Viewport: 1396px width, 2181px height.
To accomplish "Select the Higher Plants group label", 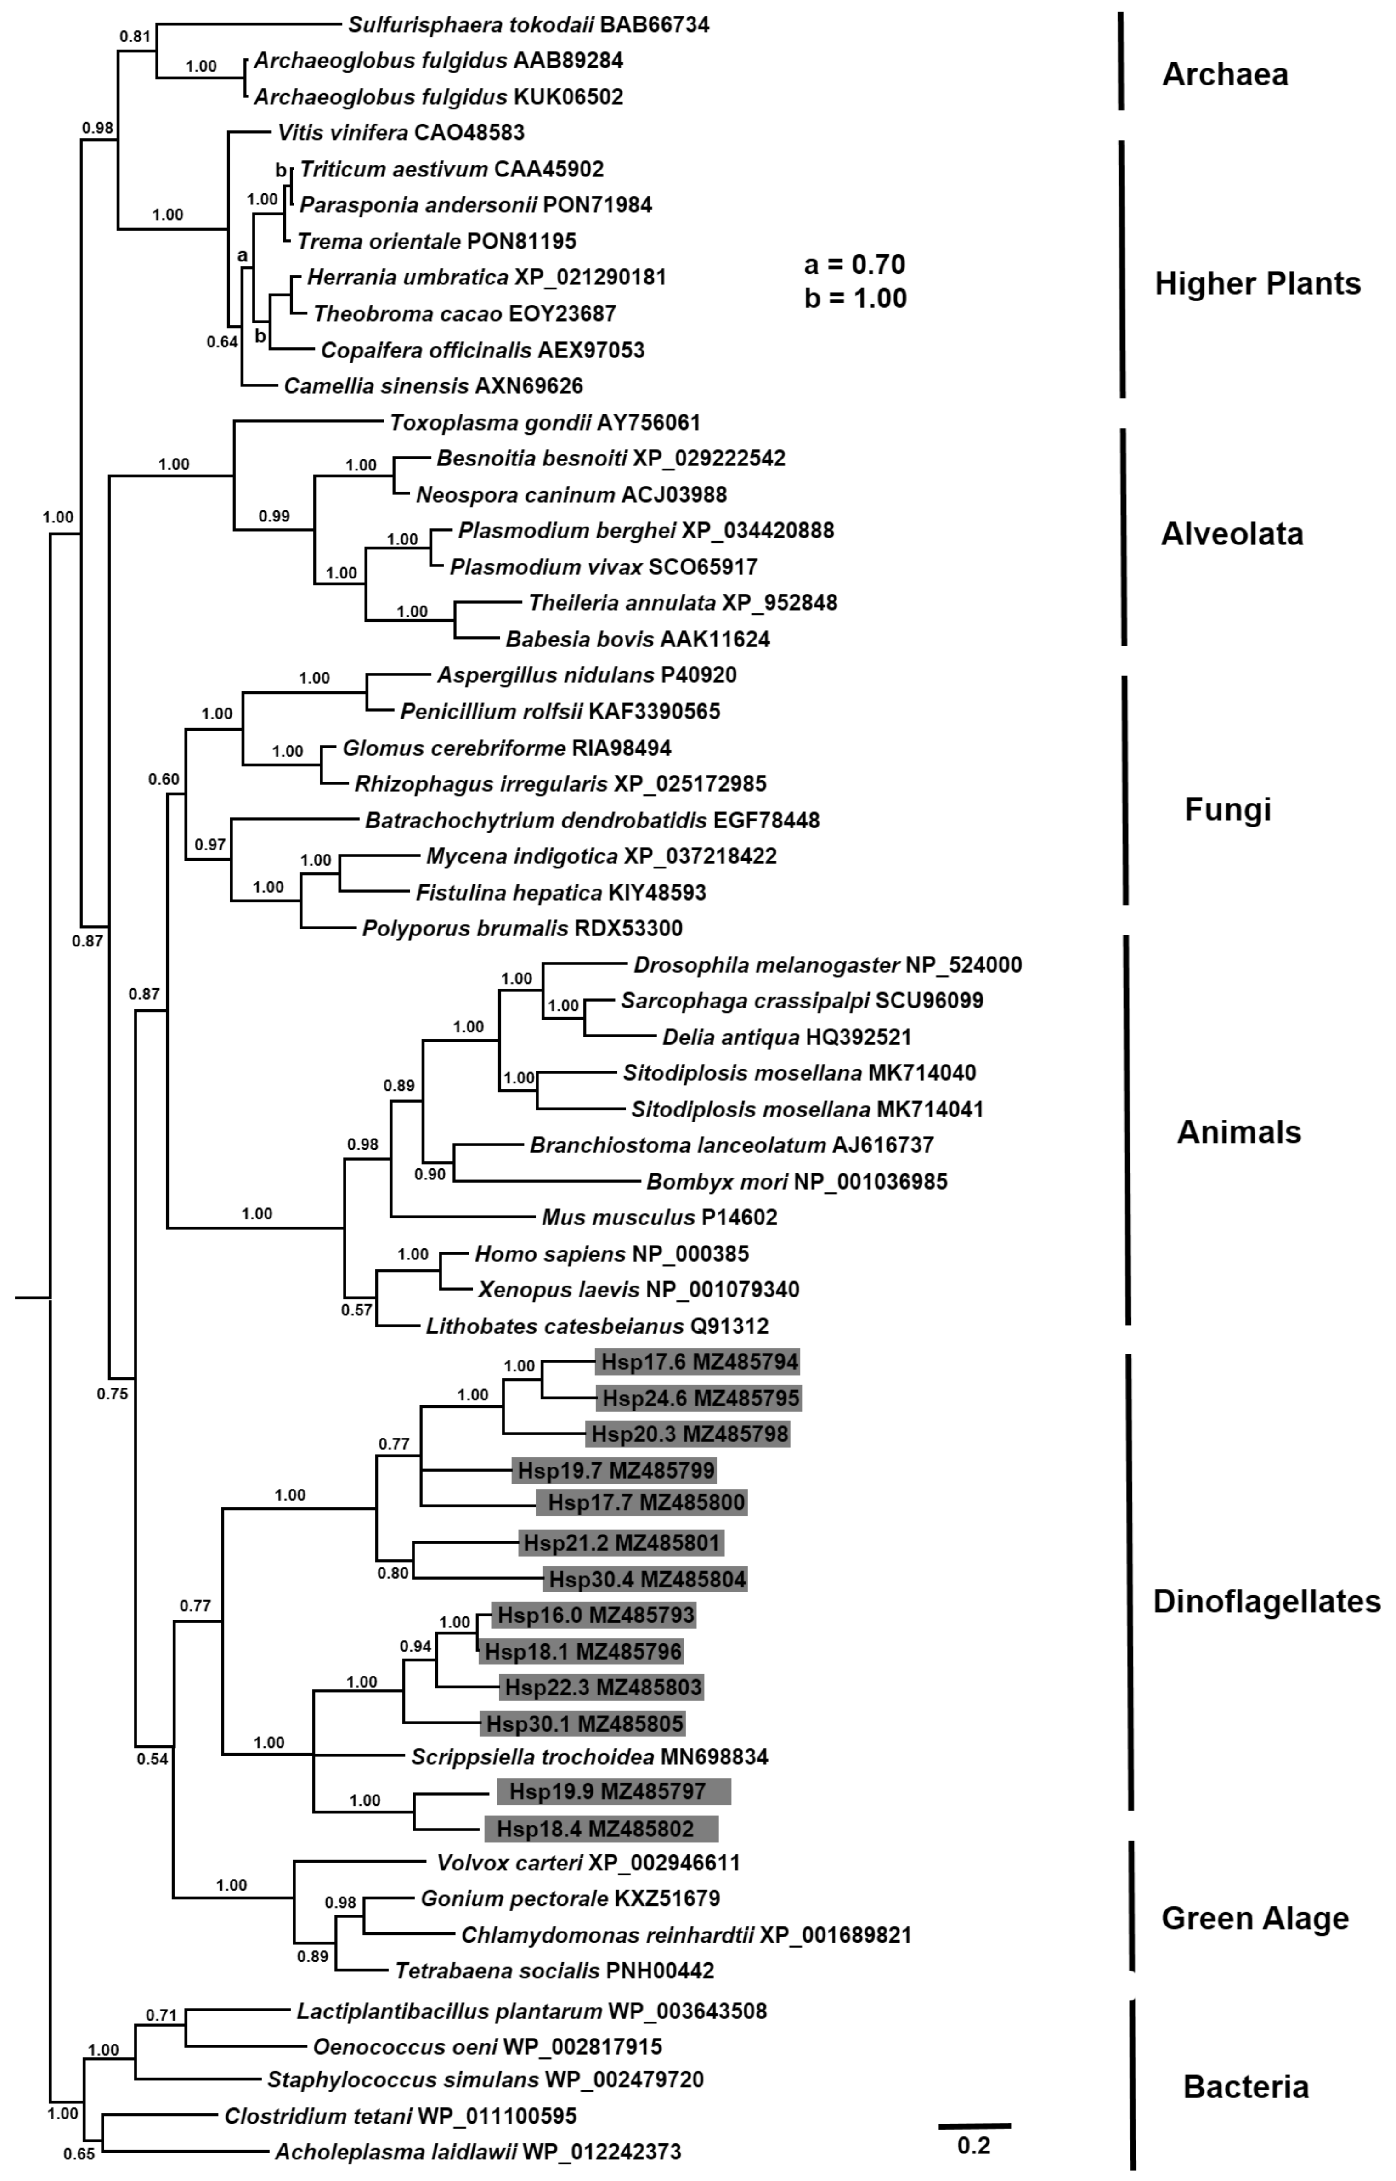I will (x=1257, y=284).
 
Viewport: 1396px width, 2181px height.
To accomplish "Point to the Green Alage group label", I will (x=1255, y=1918).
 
